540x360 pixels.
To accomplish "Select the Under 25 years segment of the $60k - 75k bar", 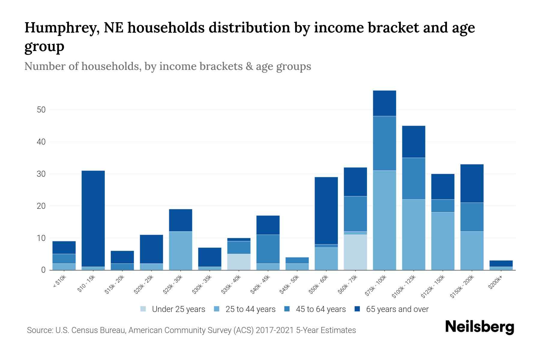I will [355, 252].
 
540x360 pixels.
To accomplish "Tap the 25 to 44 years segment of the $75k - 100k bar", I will [384, 220].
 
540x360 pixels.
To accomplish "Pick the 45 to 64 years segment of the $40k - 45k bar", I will [268, 249].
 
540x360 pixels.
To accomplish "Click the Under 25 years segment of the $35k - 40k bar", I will [239, 262].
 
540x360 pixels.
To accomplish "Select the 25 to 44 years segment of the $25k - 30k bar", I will [181, 251].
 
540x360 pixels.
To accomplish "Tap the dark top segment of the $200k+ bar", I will [501, 263].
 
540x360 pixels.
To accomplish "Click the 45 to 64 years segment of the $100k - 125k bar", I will [413, 178].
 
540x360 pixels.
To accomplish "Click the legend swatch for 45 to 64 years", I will [287, 309].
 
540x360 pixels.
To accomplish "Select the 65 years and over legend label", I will [397, 309].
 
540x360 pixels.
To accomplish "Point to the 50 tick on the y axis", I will [41, 110].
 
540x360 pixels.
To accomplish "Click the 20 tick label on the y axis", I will [41, 206].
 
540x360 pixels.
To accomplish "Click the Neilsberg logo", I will [479, 327].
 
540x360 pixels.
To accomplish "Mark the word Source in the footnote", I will [39, 330].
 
